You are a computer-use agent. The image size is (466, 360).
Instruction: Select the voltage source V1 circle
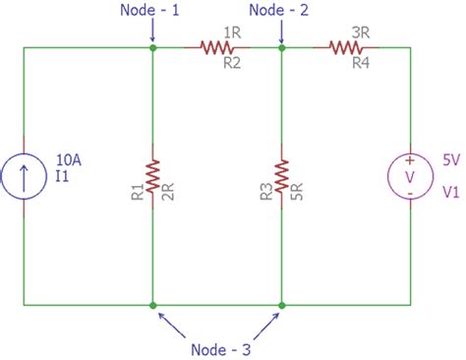coord(410,175)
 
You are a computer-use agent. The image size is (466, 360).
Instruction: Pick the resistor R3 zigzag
coord(281,175)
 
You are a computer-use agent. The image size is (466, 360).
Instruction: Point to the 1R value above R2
coord(232,31)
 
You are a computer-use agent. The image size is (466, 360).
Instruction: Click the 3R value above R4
coord(361,31)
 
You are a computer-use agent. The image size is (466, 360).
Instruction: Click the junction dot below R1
coord(152,305)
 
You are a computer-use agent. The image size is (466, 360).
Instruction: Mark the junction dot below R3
coord(281,305)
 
